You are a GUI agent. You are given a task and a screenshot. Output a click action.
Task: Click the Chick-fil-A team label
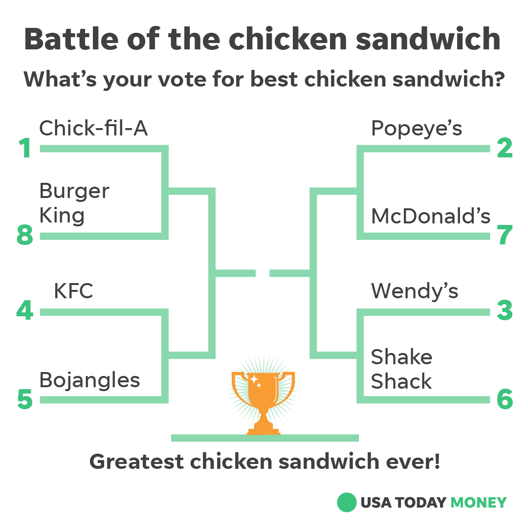93,129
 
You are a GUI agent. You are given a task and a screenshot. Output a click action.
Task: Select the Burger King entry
74,203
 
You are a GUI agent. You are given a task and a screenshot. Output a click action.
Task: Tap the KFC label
73,291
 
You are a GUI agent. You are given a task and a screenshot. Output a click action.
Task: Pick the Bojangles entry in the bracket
89,380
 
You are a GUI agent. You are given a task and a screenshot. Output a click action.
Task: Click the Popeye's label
417,129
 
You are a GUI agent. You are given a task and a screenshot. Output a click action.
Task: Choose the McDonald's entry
431,216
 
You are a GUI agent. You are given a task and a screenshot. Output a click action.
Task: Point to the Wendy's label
415,291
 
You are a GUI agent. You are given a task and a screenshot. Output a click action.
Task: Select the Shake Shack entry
401,369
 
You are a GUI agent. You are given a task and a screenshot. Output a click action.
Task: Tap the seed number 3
505,311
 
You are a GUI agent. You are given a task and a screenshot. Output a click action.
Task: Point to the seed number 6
505,400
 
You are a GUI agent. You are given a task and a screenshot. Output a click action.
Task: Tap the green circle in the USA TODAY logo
347,502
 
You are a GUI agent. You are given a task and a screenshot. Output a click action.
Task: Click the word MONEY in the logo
478,503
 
